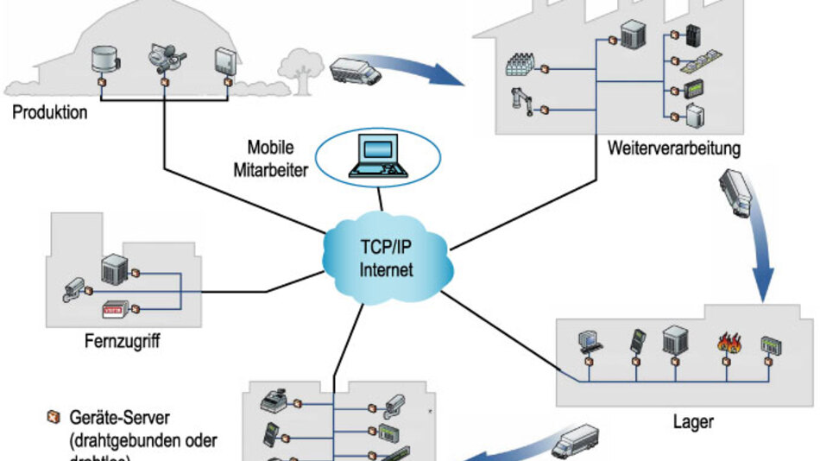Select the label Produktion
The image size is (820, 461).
pyautogui.click(x=50, y=111)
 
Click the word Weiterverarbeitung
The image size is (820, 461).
pyautogui.click(x=674, y=148)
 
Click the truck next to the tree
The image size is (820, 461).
pyautogui.click(x=355, y=69)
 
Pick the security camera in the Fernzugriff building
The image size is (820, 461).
pyautogui.click(x=73, y=289)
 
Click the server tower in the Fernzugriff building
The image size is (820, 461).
pyautogui.click(x=114, y=269)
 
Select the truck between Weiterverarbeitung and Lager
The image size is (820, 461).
pyautogui.click(x=735, y=192)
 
